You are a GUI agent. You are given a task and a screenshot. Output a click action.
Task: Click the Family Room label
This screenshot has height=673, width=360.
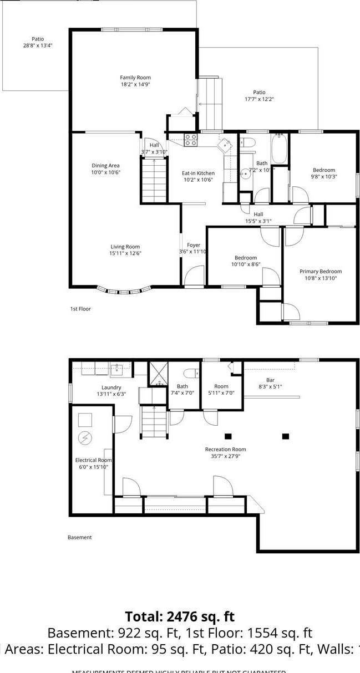(x=135, y=78)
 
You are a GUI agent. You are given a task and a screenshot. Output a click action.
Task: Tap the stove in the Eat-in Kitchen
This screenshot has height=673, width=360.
(x=190, y=140)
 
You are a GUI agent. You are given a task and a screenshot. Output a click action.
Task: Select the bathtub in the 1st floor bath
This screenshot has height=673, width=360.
(x=278, y=148)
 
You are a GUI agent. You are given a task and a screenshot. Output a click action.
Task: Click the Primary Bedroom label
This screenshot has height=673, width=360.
(x=320, y=272)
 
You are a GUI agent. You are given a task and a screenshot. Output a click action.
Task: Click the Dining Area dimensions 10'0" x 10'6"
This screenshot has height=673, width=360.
(x=105, y=172)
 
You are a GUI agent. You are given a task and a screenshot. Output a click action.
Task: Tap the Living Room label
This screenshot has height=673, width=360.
(x=125, y=247)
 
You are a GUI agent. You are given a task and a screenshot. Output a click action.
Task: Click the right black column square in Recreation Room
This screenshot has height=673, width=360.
(x=286, y=436)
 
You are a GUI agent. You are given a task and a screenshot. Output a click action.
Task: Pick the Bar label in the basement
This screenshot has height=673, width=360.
(x=270, y=380)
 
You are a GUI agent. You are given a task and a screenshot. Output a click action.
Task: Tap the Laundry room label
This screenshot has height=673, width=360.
(x=111, y=388)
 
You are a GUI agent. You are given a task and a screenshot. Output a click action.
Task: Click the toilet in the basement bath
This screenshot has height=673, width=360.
(x=189, y=373)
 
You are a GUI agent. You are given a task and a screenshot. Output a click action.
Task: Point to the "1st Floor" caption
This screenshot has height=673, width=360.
(x=80, y=309)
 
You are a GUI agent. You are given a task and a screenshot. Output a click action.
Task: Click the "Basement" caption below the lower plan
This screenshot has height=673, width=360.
(x=80, y=537)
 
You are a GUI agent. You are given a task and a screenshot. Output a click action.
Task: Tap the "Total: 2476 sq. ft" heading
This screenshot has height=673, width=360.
(x=180, y=616)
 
